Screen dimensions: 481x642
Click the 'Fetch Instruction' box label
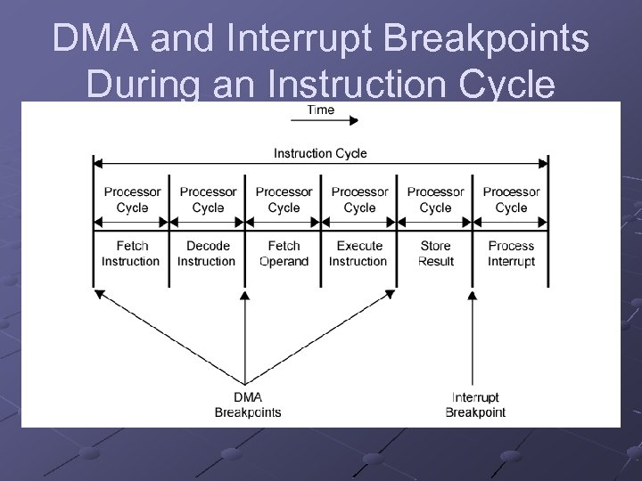coord(131,253)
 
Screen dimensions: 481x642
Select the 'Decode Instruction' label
coord(207,253)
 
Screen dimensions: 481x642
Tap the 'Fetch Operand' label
coord(284,253)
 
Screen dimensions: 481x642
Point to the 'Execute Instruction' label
coord(358,253)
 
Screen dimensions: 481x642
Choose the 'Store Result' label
coord(435,253)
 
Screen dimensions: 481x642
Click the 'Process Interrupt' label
coord(511,253)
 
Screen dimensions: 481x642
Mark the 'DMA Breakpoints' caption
coord(247,404)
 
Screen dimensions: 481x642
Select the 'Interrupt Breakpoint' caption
coord(475,404)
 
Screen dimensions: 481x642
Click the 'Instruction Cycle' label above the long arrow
coord(320,153)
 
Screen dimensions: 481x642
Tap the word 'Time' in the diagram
coord(320,110)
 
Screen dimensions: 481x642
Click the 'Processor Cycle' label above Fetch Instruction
coord(131,200)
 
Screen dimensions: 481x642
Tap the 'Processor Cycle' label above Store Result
coord(435,200)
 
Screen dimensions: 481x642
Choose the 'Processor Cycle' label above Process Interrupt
coord(511,200)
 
